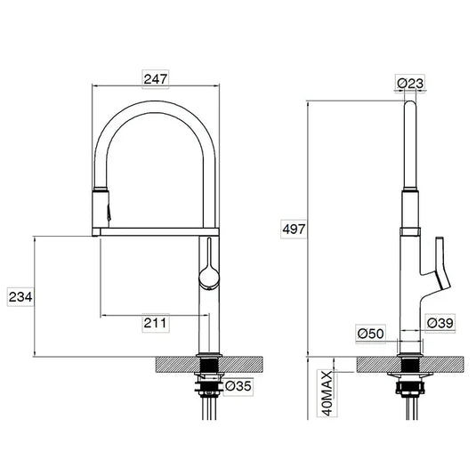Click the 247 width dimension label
[157, 78]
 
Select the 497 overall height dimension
[294, 230]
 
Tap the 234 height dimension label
[20, 296]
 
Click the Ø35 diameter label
[238, 387]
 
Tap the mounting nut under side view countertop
[410, 385]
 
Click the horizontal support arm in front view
[157, 232]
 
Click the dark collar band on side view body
[410, 230]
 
